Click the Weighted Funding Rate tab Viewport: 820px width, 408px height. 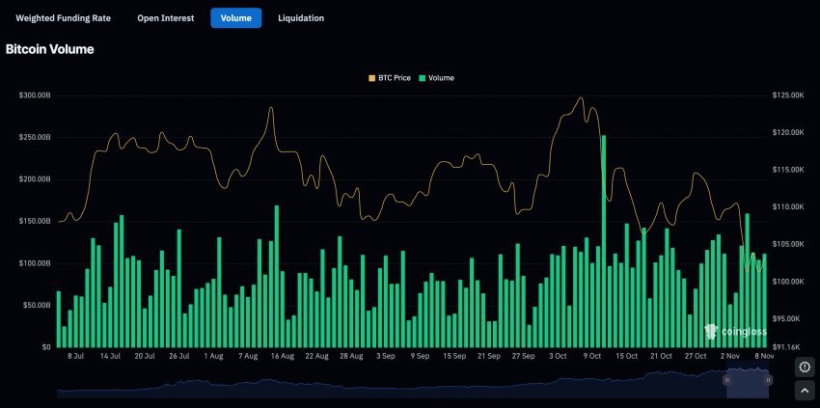point(64,18)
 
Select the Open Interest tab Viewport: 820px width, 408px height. point(165,18)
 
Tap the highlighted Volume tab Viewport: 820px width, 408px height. point(235,18)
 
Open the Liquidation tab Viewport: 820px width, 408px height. point(301,18)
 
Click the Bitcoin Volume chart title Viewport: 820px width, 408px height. point(50,49)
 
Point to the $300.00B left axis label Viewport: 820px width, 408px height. point(36,95)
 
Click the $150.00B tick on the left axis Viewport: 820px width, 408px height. point(36,221)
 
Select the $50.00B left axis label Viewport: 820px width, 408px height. point(38,305)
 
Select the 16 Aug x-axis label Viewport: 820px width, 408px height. point(281,356)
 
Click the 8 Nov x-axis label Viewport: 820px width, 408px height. point(762,356)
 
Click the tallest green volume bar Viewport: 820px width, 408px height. point(604,241)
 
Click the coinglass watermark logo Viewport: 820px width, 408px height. point(735,332)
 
